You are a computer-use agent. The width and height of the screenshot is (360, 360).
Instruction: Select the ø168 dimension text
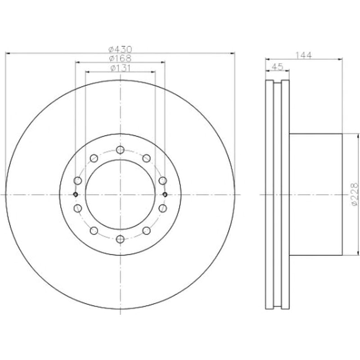[120, 58]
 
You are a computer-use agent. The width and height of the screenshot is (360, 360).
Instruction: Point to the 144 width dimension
[304, 55]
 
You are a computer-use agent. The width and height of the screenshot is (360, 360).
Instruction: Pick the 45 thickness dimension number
[277, 67]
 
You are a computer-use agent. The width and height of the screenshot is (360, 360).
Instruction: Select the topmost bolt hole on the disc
[120, 150]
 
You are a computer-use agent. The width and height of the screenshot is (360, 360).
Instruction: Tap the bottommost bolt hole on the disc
[120, 239]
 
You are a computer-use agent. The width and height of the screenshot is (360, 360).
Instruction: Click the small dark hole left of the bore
[76, 194]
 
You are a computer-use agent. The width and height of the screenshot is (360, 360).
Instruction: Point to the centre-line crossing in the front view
[120, 194]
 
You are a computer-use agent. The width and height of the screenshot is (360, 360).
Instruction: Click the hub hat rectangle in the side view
[316, 194]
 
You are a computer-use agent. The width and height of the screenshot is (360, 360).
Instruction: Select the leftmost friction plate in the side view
[270, 194]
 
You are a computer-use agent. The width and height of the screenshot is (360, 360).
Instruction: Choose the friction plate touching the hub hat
[285, 194]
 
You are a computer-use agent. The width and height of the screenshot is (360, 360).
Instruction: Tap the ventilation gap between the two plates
[277, 194]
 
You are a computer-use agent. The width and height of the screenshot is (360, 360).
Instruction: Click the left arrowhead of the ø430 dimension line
[7, 53]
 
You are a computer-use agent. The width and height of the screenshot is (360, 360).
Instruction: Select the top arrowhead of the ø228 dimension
[358, 135]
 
